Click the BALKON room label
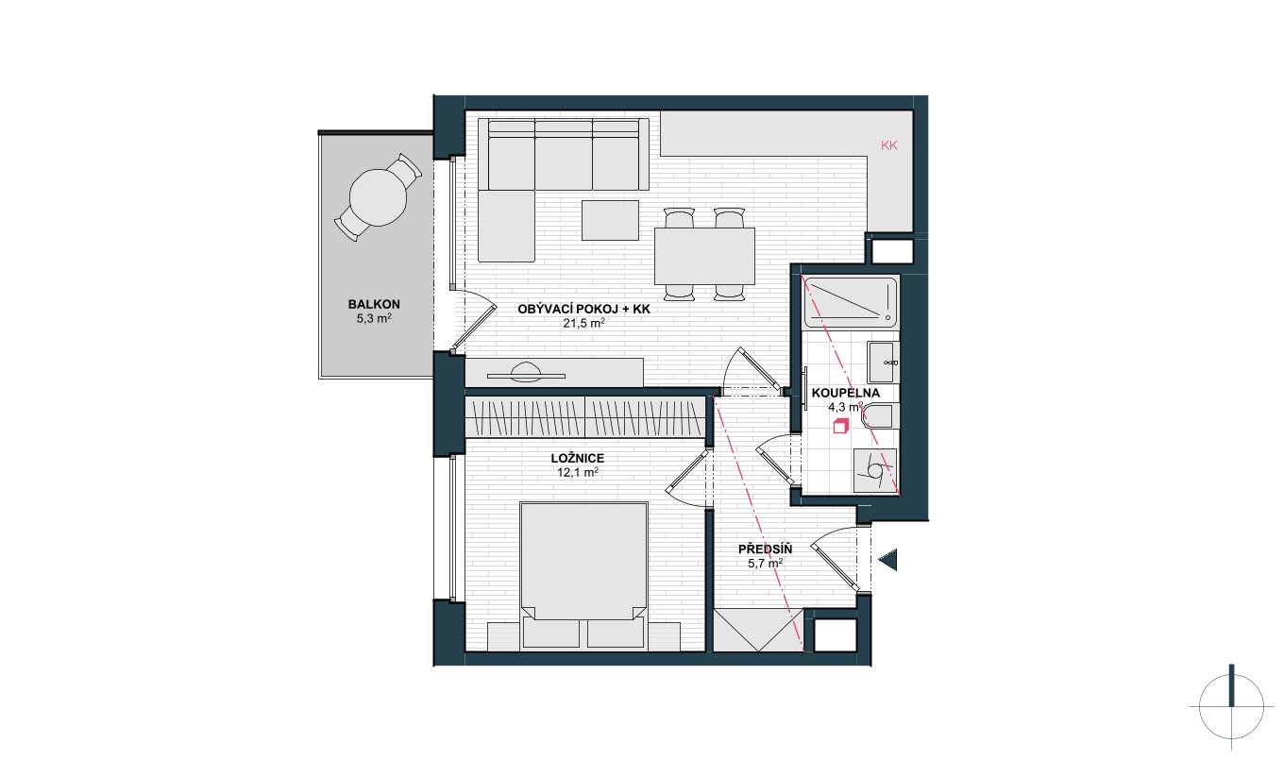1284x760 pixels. (374, 304)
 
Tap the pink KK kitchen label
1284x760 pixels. (889, 145)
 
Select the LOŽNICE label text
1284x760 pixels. (577, 459)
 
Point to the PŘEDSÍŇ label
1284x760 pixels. (765, 549)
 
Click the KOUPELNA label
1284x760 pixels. (846, 393)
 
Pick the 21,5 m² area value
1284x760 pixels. (583, 323)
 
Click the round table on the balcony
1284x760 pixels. (378, 197)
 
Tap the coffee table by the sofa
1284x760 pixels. (610, 220)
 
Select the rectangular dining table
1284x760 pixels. (704, 256)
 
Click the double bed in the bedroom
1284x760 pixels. (583, 576)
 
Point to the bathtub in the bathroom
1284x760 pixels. (850, 302)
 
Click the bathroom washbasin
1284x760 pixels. (882, 363)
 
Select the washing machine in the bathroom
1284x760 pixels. (875, 470)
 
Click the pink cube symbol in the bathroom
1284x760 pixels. (839, 426)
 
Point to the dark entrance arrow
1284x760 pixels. (888, 560)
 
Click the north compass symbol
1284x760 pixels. (1231, 707)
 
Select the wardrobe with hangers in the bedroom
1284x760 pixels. (584, 416)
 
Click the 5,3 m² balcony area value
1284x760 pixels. (374, 319)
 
